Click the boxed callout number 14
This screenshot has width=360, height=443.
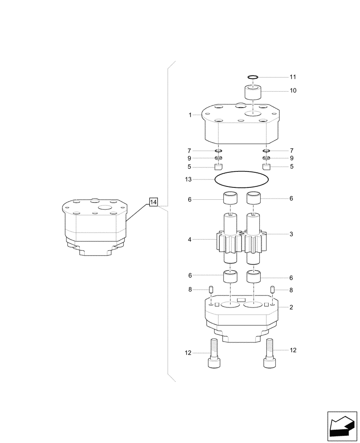pyautogui.click(x=153, y=202)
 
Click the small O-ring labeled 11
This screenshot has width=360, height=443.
pyautogui.click(x=253, y=77)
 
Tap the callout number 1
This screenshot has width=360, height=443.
pyautogui.click(x=190, y=115)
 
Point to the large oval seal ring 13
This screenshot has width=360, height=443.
pyautogui.click(x=241, y=179)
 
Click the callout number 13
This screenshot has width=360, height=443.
pyautogui.click(x=188, y=179)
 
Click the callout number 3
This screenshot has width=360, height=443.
pyautogui.click(x=291, y=233)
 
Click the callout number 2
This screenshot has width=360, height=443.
pyautogui.click(x=291, y=307)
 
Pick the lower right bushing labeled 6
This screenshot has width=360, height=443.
pyautogui.click(x=254, y=278)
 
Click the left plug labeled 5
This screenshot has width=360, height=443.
pyautogui.click(x=218, y=167)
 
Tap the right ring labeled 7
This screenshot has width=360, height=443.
pyautogui.click(x=266, y=151)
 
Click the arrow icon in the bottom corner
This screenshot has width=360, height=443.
pyautogui.click(x=342, y=426)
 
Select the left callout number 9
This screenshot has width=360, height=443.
pyautogui.click(x=189, y=158)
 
